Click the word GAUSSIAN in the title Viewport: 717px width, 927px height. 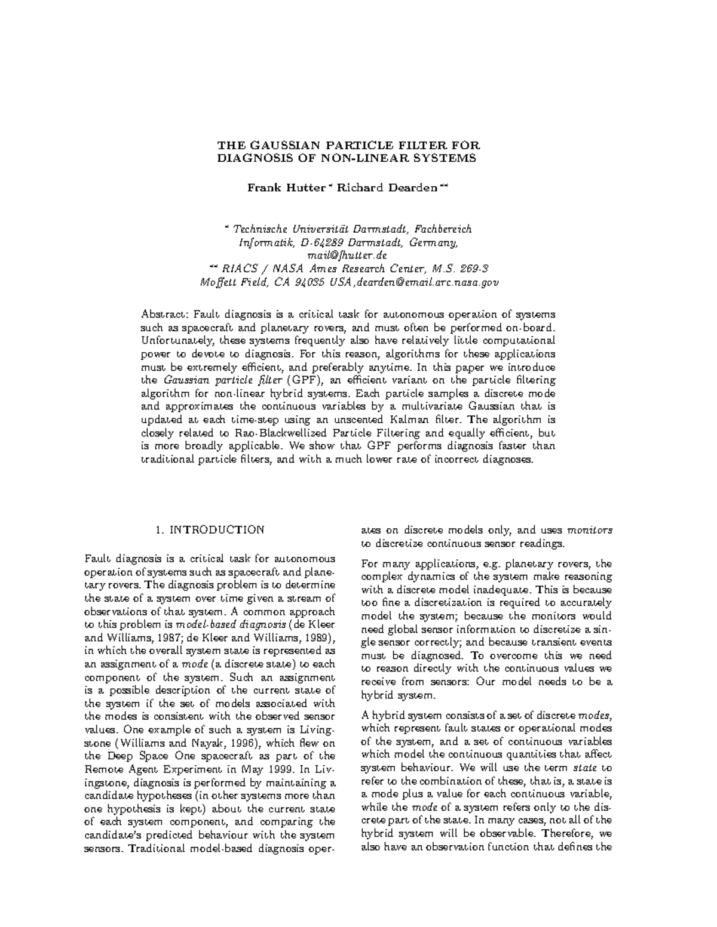279,146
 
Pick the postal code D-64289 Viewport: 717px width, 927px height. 322,242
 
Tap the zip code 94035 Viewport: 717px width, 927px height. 310,281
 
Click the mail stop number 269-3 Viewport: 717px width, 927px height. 478,268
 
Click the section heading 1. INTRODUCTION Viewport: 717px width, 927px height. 209,529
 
